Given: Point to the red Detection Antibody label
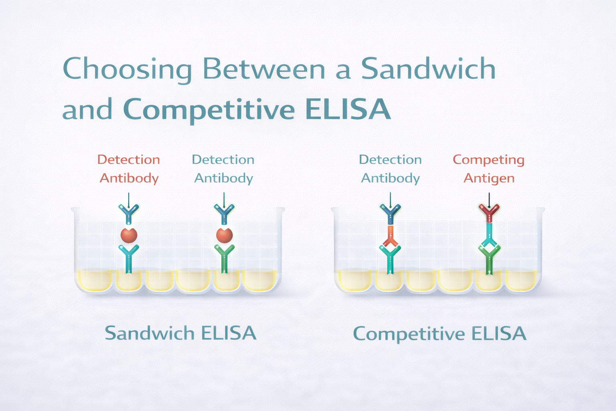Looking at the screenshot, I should [129, 169].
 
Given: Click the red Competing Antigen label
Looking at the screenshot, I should [488, 169].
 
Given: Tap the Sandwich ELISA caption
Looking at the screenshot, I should [180, 333].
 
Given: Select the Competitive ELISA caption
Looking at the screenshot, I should [439, 334].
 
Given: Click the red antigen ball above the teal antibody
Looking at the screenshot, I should [129, 235].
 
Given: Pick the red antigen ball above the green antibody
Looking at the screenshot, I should [224, 235].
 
